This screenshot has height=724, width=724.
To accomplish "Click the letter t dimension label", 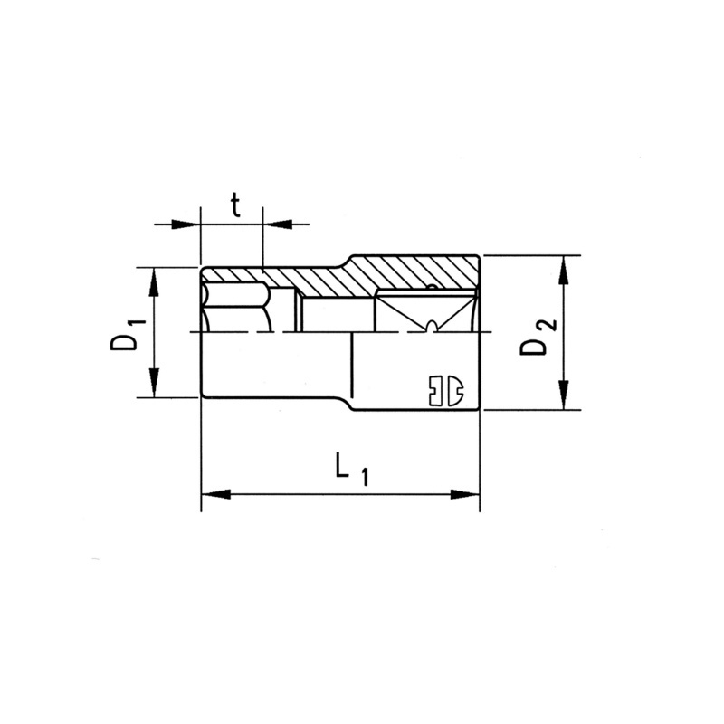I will pos(234,206).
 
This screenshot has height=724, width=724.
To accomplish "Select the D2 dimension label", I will pos(536,336).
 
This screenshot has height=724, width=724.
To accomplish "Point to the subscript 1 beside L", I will pos(364,478).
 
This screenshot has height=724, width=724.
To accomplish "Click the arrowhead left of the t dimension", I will pos(186,223).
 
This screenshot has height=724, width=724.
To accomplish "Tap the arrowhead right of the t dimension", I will pos(276,223).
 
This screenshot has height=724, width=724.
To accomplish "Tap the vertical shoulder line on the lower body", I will pos(351,371).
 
